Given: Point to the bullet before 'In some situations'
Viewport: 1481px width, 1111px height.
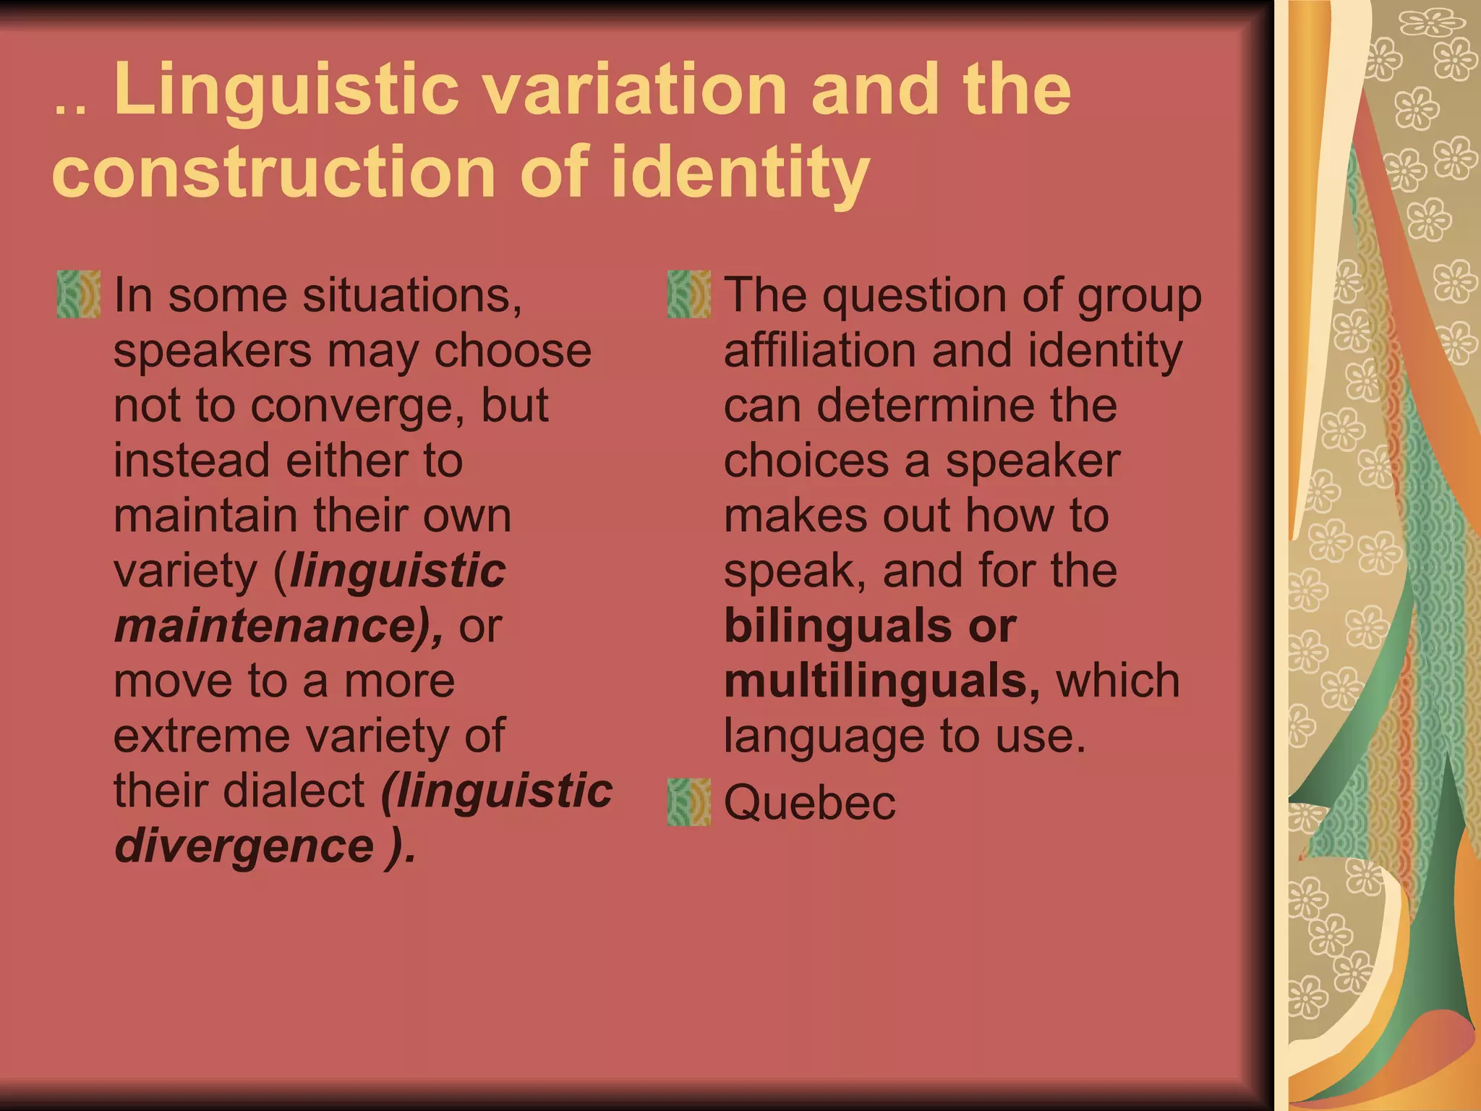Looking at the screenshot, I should tap(79, 294).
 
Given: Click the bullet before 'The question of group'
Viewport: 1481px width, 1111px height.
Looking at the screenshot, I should tap(689, 294).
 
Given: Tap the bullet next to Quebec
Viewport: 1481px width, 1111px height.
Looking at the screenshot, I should tap(689, 802).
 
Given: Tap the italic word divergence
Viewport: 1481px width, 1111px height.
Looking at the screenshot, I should tap(244, 846).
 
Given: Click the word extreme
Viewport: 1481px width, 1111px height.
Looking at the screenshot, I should tap(202, 736).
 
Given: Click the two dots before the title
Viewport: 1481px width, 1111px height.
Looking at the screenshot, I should tap(70, 111).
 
